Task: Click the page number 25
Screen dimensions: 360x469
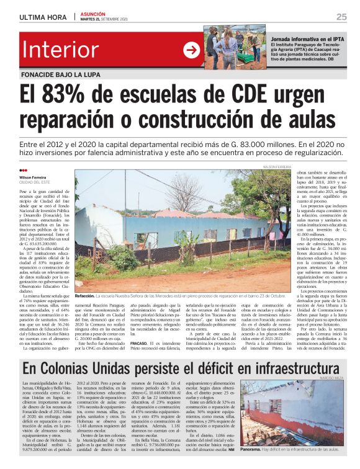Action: pyautogui.click(x=341, y=16)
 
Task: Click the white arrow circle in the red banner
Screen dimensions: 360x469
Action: pyautogui.click(x=192, y=49)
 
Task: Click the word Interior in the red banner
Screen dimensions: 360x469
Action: pyautogui.click(x=60, y=50)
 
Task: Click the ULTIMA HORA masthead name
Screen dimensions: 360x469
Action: pyautogui.click(x=44, y=17)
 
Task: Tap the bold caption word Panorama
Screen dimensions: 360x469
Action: pyautogui.click(x=254, y=448)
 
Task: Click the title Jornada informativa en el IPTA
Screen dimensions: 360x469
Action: pyautogui.click(x=307, y=38)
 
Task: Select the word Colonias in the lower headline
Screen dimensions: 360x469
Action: pyautogui.click(x=82, y=369)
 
